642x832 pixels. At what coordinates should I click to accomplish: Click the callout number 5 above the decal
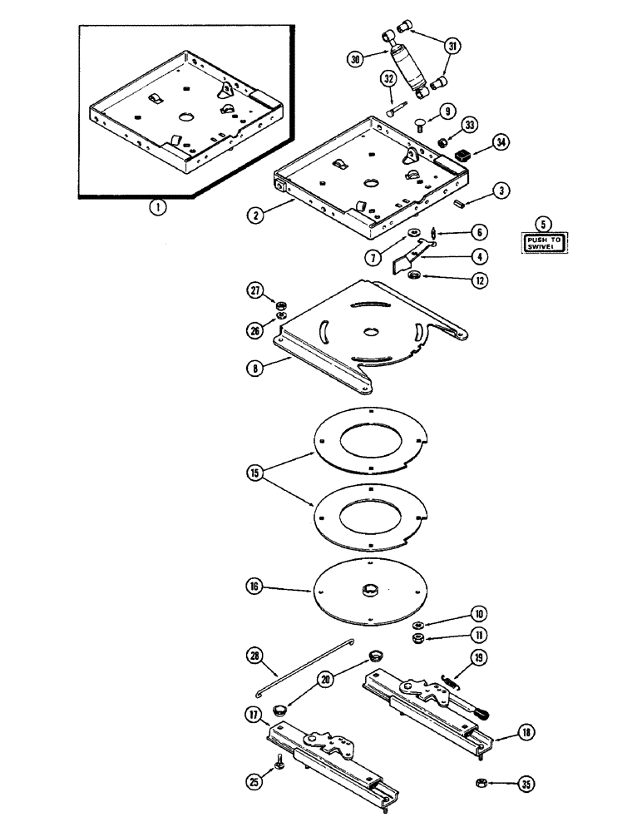point(543,223)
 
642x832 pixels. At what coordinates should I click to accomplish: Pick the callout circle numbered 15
point(254,473)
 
